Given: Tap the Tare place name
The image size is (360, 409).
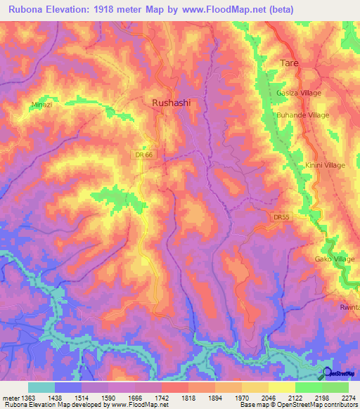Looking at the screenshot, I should [x=290, y=63].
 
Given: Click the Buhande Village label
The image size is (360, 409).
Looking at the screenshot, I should [x=302, y=115].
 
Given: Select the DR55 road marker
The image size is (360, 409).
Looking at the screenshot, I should [x=281, y=217].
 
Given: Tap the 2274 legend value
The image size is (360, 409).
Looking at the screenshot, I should [x=347, y=398].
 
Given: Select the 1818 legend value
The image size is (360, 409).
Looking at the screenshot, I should [x=188, y=398].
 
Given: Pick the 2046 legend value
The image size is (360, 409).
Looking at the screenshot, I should [x=268, y=398].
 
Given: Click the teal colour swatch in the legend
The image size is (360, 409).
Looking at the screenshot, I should [x=41, y=387].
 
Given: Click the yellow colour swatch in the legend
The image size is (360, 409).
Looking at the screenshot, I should [x=281, y=387].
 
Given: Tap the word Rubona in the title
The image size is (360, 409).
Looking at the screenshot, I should [x=28, y=9].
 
